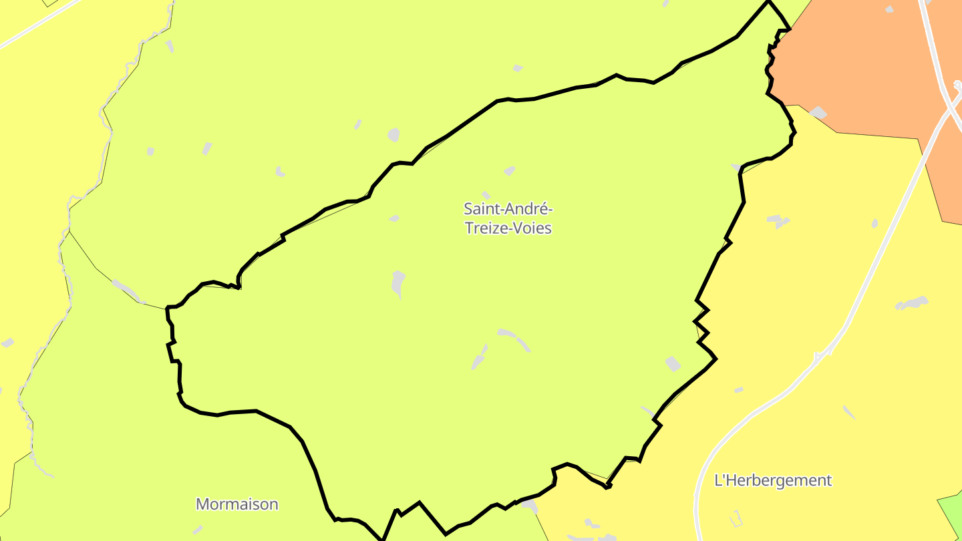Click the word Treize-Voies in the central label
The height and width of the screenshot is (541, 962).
508,228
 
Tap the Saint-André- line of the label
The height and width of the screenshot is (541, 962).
508,209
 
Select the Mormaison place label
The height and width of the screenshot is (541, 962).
236,504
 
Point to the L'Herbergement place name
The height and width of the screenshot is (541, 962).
773,480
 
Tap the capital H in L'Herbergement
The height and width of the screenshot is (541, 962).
731,480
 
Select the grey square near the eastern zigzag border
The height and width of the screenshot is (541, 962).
673,364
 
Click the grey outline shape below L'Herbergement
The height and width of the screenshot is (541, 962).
735,518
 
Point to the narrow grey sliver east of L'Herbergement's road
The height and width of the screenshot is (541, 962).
848,412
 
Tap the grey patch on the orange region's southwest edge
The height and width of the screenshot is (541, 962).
818,112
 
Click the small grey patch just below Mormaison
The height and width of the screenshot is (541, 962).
198,530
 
